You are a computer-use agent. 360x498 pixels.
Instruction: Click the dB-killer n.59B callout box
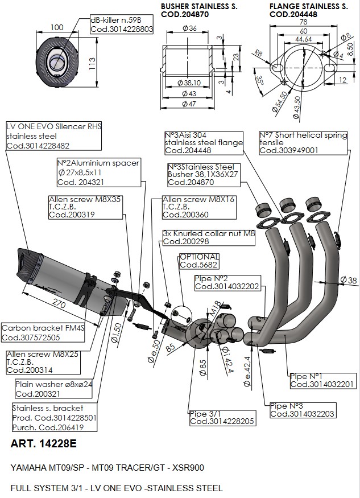(122, 24)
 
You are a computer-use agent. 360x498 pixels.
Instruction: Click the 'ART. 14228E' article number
(43, 443)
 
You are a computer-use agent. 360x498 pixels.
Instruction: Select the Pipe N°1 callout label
(322, 380)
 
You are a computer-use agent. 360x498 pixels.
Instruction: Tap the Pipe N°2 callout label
(227, 282)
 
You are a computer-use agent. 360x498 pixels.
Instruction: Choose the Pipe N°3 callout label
(302, 410)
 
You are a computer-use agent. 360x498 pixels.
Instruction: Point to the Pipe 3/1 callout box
(222, 418)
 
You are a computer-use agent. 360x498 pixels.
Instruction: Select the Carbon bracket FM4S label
(43, 332)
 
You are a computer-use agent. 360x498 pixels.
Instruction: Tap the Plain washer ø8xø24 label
(53, 389)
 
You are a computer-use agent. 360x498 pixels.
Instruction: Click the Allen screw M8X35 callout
(85, 207)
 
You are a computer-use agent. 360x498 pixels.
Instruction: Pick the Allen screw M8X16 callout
(199, 207)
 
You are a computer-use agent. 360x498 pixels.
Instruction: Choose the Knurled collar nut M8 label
(209, 237)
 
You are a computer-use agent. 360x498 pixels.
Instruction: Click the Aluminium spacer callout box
(98, 172)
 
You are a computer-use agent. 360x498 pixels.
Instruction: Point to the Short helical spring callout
(303, 143)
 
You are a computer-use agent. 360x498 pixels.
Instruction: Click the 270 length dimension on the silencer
(59, 303)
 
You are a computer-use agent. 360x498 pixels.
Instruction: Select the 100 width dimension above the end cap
(57, 27)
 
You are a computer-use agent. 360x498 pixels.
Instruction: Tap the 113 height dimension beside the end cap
(92, 64)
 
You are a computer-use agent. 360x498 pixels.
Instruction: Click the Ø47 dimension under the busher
(189, 104)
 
